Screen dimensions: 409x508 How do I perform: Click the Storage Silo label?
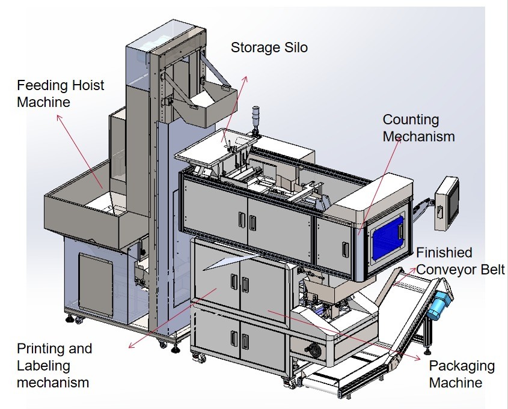pyautogui.click(x=269, y=47)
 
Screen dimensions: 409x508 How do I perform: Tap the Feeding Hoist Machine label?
pyautogui.click(x=60, y=93)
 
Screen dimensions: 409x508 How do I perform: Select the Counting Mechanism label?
pyautogui.click(x=418, y=129)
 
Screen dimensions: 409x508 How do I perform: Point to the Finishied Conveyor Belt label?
pyautogui.click(x=460, y=261)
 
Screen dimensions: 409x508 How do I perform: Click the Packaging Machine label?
pyautogui.click(x=461, y=374)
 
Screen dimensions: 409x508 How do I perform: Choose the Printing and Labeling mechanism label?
pyautogui.click(x=54, y=365)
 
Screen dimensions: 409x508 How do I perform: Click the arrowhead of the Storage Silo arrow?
pyautogui.click(x=245, y=78)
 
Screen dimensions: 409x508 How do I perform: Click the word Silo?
pyautogui.click(x=295, y=47)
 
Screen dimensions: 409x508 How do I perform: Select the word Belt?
pyautogui.click(x=491, y=269)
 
